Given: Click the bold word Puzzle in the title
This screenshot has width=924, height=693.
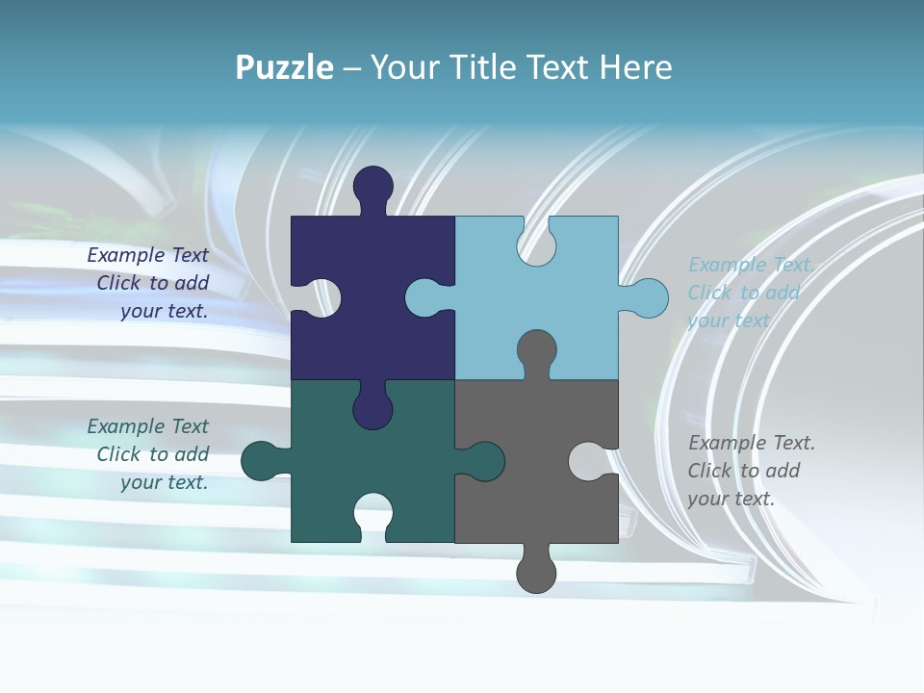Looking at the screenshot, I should [x=284, y=68].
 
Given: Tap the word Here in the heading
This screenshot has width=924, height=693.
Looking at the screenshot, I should [x=635, y=68].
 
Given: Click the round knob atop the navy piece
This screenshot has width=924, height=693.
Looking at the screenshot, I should [x=372, y=186].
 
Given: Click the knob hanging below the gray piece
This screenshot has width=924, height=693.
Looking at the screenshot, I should [x=536, y=572].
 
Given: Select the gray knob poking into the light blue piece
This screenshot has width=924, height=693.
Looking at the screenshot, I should [x=536, y=350].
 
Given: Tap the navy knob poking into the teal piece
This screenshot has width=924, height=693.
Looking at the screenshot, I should [x=372, y=408].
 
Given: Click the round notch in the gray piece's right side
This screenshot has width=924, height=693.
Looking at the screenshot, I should [x=588, y=461].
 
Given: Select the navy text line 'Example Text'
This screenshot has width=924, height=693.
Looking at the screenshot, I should [x=147, y=255].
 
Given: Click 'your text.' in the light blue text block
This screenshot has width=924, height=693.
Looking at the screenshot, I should [x=729, y=321].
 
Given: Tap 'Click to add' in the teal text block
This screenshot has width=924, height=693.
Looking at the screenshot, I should [x=152, y=454].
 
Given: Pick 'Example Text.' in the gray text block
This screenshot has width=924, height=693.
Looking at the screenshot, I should [x=752, y=443].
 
